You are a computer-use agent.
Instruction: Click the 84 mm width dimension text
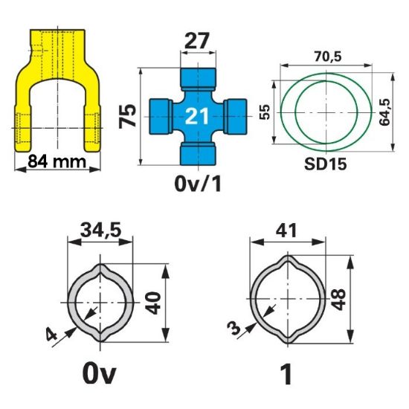(x=57, y=161)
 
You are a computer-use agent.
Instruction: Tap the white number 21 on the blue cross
(x=197, y=116)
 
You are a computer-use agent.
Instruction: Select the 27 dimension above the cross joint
(x=197, y=40)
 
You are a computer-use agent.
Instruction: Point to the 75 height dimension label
(x=128, y=116)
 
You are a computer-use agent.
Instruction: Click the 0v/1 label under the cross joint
(x=198, y=184)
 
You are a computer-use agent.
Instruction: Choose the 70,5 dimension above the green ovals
(x=328, y=57)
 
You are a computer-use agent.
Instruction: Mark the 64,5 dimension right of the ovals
(x=384, y=112)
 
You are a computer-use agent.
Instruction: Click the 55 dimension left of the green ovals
(x=265, y=112)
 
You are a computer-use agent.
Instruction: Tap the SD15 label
(x=326, y=164)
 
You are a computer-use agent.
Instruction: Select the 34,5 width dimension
(x=100, y=230)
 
